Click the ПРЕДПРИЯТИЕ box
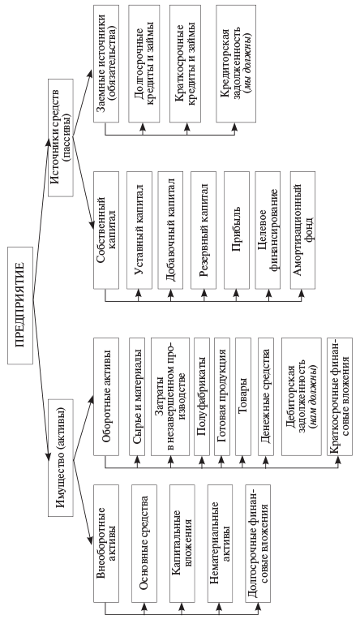(20, 305)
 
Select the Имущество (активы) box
(60, 457)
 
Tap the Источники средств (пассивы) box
(60, 137)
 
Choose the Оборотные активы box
(106, 397)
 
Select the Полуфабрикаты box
(201, 397)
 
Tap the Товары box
(243, 397)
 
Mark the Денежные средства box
(266, 397)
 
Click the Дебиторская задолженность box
(301, 397)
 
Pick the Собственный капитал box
(106, 230)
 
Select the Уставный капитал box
(139, 230)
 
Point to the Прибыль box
(237, 230)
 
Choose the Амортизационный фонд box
(302, 230)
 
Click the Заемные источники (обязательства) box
(106, 63)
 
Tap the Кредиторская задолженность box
(236, 63)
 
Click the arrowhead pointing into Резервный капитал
(204, 293)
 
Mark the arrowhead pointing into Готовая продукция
(222, 459)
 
